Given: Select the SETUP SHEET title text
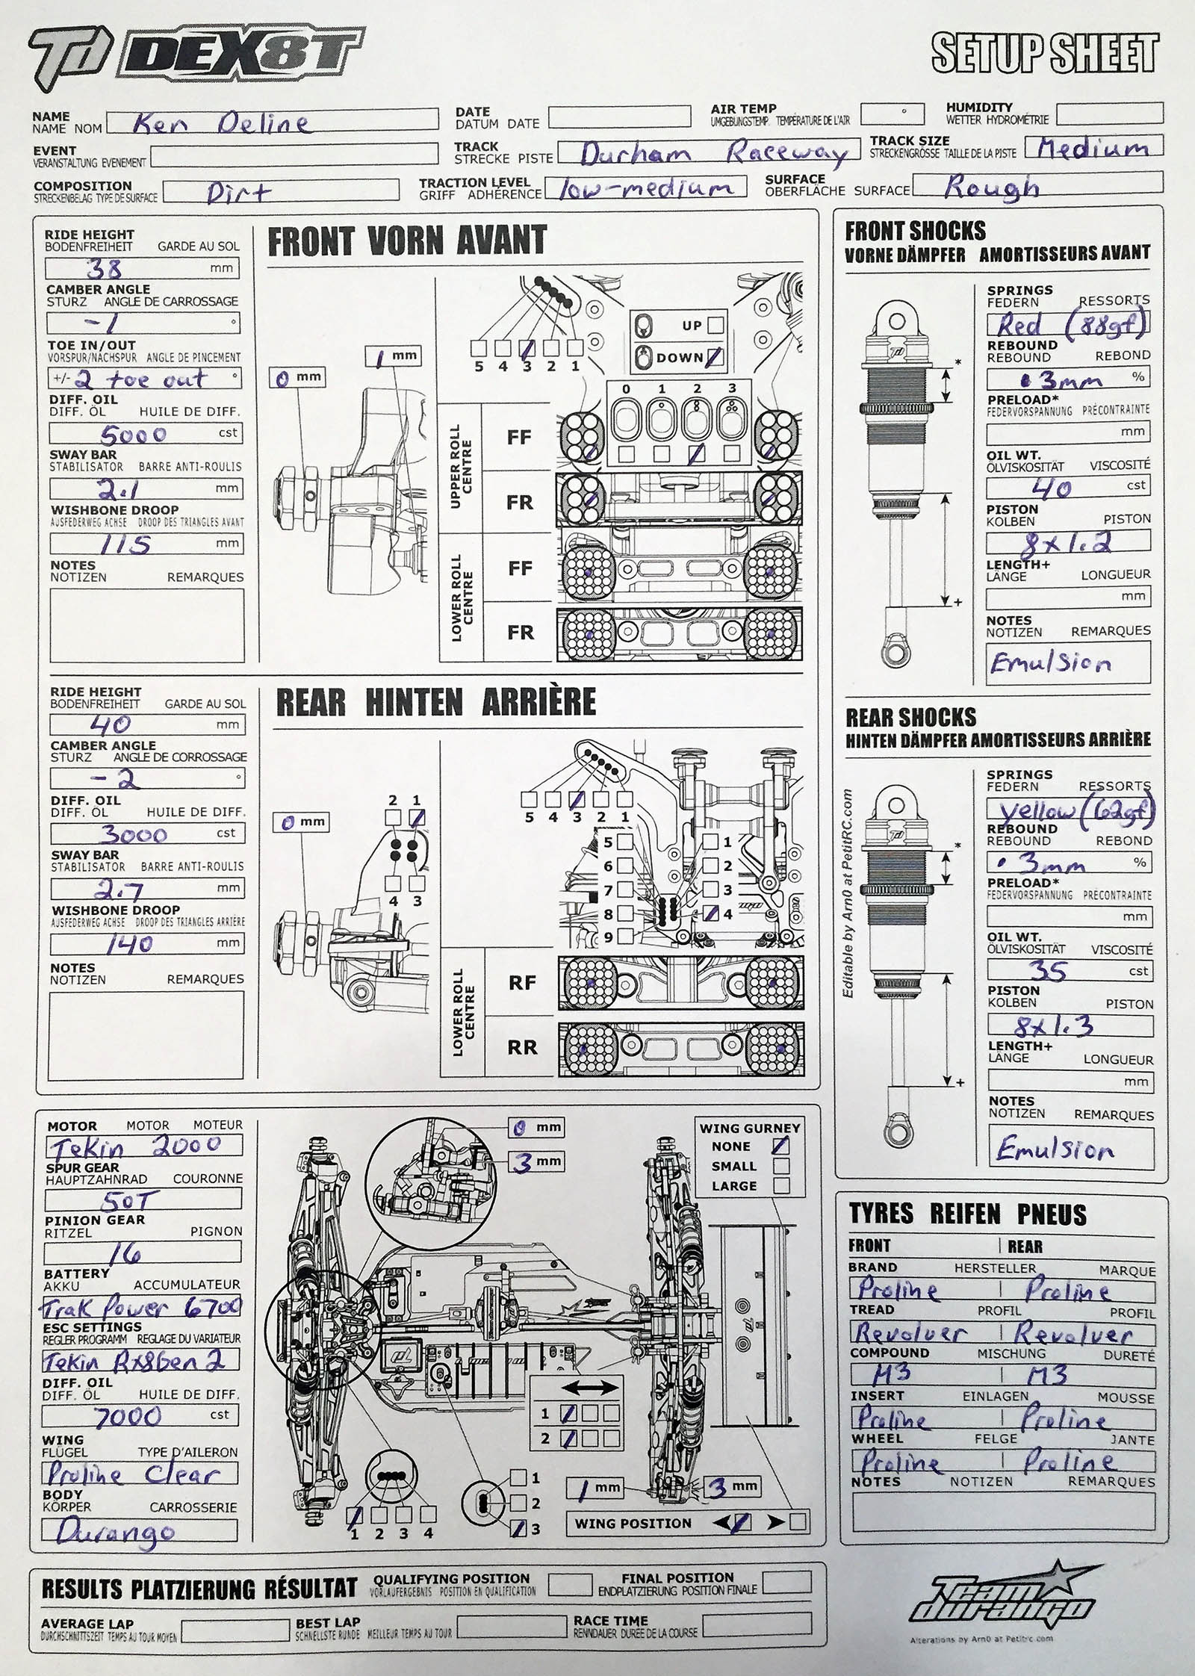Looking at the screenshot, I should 1045,54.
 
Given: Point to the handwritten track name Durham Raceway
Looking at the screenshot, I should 713,154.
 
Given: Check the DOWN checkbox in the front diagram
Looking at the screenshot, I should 715,357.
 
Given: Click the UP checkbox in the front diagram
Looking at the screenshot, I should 715,325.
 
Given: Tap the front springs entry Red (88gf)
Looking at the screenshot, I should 1067,324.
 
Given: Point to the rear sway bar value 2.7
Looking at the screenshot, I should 119,889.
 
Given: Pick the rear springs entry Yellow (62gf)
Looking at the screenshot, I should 1070,810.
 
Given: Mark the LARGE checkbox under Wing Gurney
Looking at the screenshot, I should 781,1185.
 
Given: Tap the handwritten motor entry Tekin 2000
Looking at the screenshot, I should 134,1146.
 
